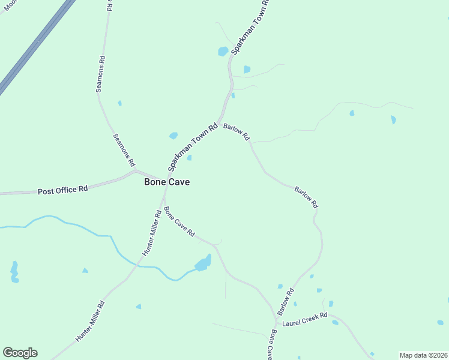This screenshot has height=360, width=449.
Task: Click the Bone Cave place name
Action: [167, 182]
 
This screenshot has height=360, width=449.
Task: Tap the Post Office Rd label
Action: [63, 190]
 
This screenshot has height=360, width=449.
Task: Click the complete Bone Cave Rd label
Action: [179, 221]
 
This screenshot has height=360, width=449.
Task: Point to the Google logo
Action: [20, 353]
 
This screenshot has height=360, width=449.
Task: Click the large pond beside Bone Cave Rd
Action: [203, 263]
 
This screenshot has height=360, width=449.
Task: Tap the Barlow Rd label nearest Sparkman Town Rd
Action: [237, 132]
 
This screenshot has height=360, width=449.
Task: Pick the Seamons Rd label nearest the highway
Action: [101, 74]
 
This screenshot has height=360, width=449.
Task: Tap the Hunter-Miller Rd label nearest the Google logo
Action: [91, 321]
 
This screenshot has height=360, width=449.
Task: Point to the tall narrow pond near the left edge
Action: [14, 272]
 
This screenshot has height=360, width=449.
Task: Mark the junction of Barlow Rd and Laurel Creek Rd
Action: [280, 317]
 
